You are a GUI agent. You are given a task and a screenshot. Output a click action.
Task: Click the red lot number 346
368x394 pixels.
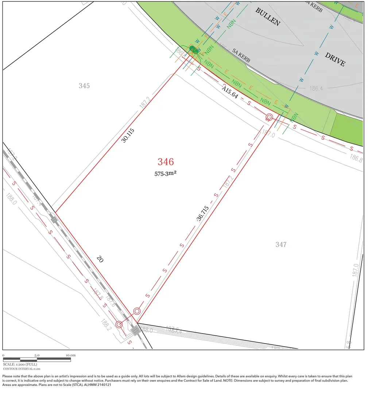tap(166, 162)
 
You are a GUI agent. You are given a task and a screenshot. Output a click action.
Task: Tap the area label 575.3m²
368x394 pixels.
tap(166, 174)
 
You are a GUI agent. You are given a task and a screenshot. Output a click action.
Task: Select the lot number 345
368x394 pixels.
tap(84, 86)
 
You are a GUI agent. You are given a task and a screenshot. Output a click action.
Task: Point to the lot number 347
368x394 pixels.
tap(281, 244)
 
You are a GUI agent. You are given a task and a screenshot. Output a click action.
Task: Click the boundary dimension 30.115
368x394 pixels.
tap(128, 135)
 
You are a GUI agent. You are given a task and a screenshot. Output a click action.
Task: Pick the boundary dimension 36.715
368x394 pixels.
tap(202, 214)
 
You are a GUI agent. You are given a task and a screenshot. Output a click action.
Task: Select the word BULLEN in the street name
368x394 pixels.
tap(267, 17)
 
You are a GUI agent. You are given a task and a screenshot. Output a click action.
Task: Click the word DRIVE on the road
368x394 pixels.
tap(335, 59)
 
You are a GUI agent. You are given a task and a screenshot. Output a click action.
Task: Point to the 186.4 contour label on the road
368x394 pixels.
tap(316, 88)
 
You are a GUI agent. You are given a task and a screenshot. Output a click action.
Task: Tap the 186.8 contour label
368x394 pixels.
tap(356, 158)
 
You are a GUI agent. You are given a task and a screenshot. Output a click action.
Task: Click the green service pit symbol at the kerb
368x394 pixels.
tap(194, 50)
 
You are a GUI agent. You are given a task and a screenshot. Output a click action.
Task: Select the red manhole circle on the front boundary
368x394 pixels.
tap(269, 117)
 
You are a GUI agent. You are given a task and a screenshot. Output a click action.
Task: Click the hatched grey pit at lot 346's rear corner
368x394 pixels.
tap(135, 330)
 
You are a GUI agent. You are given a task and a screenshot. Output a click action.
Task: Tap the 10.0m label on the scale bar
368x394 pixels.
tap(70, 355)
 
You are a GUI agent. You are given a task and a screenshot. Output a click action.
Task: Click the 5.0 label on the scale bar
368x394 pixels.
tap(37, 355)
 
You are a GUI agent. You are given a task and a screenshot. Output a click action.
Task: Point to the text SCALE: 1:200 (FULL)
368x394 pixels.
tap(20, 364)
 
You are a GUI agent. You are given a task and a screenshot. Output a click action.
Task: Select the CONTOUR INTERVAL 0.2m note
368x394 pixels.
tap(22, 369)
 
